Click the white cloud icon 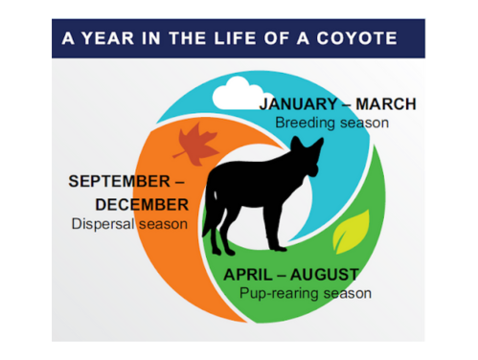point(231,94)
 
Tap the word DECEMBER point(142,204)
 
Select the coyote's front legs point(280,235)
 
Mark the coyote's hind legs point(228,235)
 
